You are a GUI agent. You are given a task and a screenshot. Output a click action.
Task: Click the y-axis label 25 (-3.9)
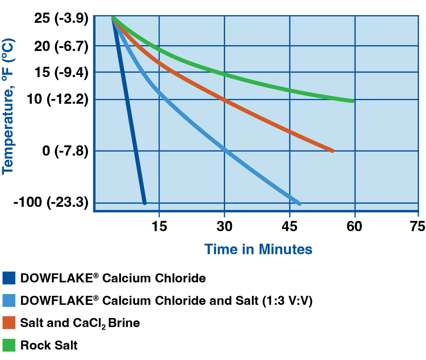click(x=61, y=19)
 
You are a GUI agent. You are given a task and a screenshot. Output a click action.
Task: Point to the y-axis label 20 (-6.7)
click(x=61, y=46)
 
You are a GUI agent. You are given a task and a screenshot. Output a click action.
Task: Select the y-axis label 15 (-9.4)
click(x=61, y=72)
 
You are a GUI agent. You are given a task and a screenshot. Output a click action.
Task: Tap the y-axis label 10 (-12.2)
click(x=58, y=99)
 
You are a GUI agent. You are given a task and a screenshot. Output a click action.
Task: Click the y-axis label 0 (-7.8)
click(x=65, y=150)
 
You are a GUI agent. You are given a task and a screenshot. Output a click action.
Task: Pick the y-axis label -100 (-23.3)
click(x=51, y=202)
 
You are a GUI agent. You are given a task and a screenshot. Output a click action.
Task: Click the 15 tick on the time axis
click(x=159, y=226)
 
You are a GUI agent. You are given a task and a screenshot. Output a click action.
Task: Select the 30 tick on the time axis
click(x=224, y=226)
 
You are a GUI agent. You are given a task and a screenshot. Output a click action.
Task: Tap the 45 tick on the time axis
click(x=289, y=226)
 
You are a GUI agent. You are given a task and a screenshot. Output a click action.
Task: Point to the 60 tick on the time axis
click(x=355, y=226)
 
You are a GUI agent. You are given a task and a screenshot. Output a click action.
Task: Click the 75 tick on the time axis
click(x=418, y=226)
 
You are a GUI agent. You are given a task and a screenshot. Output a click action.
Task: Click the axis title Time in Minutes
click(x=258, y=249)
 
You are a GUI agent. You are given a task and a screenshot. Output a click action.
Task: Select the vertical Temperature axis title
click(x=8, y=106)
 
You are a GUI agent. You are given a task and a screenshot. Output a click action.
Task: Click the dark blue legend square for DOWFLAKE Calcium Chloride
click(x=9, y=278)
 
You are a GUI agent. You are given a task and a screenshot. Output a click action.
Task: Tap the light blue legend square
click(x=9, y=300)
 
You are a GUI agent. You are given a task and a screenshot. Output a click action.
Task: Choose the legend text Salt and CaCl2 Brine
click(x=80, y=323)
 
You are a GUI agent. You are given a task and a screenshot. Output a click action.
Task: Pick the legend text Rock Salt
click(x=49, y=345)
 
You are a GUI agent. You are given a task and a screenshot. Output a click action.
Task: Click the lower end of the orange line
click(x=332, y=151)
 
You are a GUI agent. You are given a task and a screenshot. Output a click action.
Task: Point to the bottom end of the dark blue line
click(x=145, y=203)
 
